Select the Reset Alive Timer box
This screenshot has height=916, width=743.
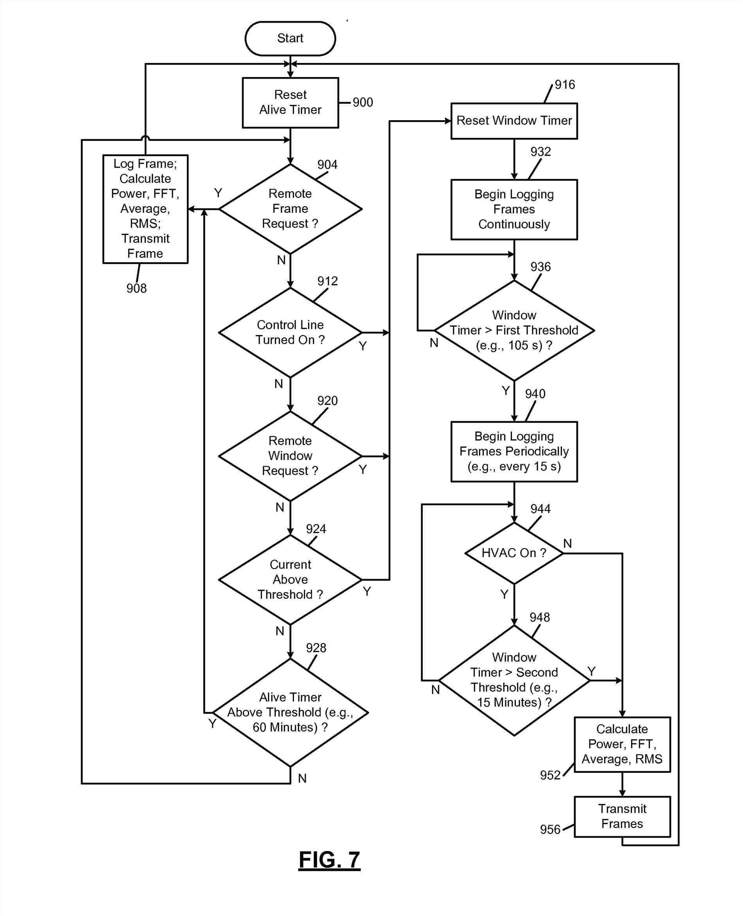click(x=290, y=103)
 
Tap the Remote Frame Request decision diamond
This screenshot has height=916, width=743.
click(x=290, y=209)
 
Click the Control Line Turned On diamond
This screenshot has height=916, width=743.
click(x=290, y=332)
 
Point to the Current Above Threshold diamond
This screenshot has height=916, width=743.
click(x=290, y=579)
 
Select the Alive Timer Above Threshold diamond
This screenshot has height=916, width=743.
click(x=290, y=712)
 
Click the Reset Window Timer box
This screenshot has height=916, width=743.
click(x=513, y=121)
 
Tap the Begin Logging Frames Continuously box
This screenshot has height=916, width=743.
click(x=513, y=209)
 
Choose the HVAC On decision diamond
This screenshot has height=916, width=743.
click(x=513, y=553)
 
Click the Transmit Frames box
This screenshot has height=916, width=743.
click(x=622, y=816)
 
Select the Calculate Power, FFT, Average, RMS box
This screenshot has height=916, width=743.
click(x=622, y=744)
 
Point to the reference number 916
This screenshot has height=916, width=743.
click(x=565, y=85)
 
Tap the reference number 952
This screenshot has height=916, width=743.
click(x=550, y=775)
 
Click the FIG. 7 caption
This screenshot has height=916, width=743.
click(x=329, y=860)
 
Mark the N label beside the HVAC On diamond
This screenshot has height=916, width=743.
click(x=567, y=543)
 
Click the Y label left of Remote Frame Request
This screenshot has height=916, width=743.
click(x=218, y=193)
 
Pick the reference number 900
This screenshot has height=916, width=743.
click(x=363, y=103)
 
